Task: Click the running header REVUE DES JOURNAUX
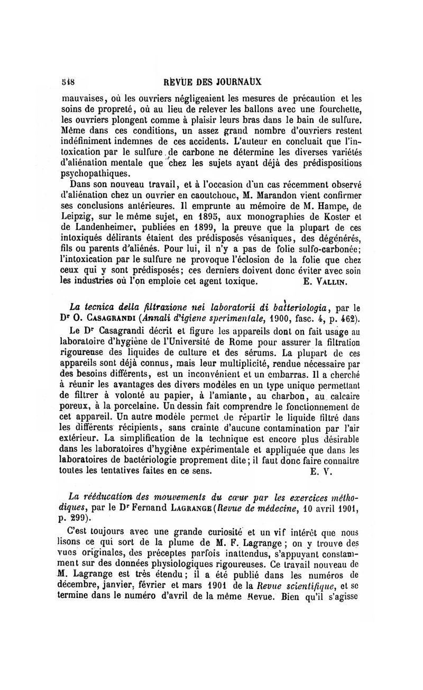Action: [213, 82]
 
